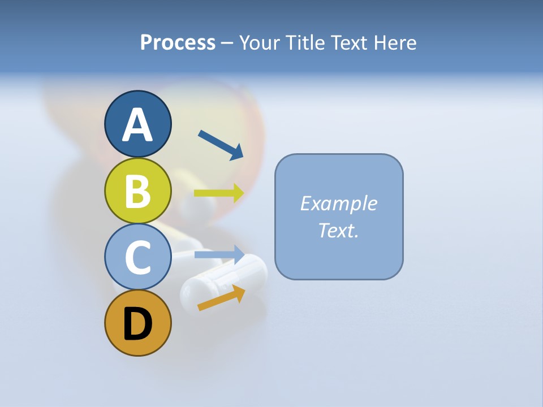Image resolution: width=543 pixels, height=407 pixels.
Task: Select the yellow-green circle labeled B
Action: click(x=137, y=190)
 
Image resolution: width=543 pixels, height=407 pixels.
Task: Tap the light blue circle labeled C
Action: click(x=137, y=257)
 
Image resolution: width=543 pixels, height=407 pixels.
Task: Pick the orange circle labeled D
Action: click(x=137, y=323)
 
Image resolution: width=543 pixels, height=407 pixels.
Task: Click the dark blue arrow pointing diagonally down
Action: click(x=221, y=145)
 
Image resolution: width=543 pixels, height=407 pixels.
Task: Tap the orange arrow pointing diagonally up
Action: click(x=221, y=298)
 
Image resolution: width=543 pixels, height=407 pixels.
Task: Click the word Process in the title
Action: click(x=178, y=42)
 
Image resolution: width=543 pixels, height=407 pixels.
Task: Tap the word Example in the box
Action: click(x=338, y=203)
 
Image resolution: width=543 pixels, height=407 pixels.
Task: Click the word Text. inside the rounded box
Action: click(x=338, y=230)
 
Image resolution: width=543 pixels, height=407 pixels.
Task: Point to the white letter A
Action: click(x=137, y=124)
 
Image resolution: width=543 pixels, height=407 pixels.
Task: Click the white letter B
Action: click(x=137, y=190)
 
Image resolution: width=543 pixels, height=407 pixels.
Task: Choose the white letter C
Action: click(x=137, y=257)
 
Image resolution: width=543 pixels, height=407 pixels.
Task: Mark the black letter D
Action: click(x=137, y=324)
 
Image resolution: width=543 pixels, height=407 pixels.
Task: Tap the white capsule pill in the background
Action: click(x=224, y=280)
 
